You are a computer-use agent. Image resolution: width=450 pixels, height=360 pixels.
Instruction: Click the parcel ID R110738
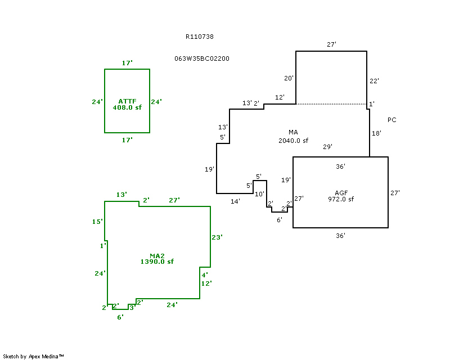(199, 37)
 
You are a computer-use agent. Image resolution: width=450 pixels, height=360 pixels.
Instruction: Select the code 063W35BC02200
(202, 58)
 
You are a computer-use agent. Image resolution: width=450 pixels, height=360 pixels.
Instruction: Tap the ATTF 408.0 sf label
(127, 104)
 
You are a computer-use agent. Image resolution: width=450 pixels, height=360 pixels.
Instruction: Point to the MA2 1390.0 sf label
(157, 259)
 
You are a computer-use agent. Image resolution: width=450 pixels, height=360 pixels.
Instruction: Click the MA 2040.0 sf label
(293, 137)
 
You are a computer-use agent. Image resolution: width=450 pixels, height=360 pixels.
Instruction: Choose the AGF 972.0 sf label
(340, 196)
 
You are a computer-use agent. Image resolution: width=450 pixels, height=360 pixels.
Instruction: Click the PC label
(391, 120)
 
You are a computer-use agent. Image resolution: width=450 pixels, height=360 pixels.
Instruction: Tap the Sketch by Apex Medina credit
(33, 356)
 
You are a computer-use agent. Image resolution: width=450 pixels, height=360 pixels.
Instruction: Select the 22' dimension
(374, 81)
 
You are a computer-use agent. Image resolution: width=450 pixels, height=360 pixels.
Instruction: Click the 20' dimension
(289, 78)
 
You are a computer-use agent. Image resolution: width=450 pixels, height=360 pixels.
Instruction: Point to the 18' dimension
(376, 133)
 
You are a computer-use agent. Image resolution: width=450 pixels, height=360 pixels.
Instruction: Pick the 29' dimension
(327, 147)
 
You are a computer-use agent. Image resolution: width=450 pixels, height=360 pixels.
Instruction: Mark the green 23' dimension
(217, 237)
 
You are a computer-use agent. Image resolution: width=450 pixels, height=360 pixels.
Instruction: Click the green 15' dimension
(97, 222)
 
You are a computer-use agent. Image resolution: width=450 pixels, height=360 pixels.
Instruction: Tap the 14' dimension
(235, 201)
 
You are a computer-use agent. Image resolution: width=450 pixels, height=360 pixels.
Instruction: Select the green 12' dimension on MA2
(206, 283)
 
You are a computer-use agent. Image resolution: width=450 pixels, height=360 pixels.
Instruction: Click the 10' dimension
(259, 194)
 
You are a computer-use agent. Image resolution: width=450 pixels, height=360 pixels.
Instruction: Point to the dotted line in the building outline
(331, 104)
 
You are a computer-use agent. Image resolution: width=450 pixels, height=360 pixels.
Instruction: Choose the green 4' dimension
(205, 274)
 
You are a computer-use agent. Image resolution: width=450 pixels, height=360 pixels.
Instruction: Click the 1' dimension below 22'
(371, 105)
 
